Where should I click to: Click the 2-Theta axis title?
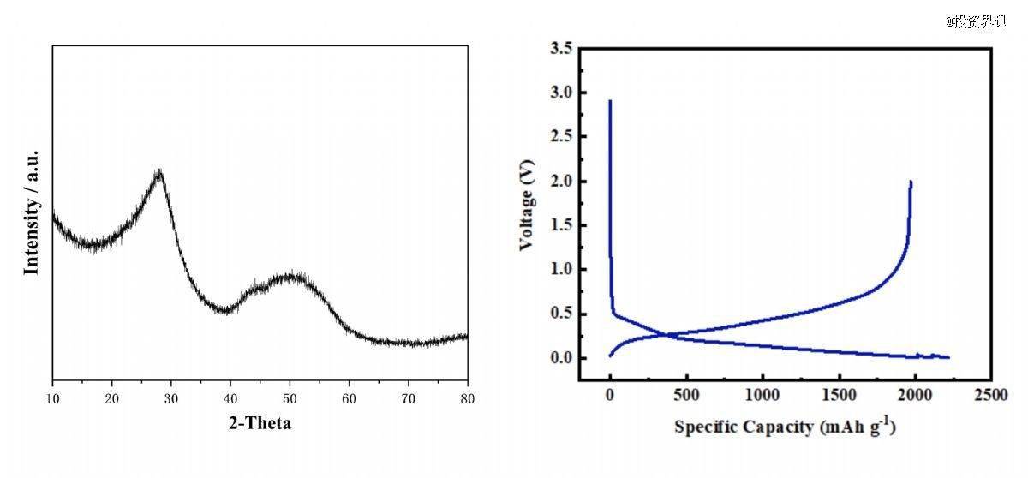tap(259, 422)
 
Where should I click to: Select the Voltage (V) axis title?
tap(527, 205)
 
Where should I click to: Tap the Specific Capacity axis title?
tap(785, 426)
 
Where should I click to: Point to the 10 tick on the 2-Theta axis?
tap(53, 397)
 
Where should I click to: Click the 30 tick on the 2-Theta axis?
tap(171, 397)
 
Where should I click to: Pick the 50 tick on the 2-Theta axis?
tap(290, 397)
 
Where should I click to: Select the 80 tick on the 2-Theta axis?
tap(468, 397)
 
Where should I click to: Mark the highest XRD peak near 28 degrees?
tap(158, 171)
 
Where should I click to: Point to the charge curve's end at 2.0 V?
tap(911, 182)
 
